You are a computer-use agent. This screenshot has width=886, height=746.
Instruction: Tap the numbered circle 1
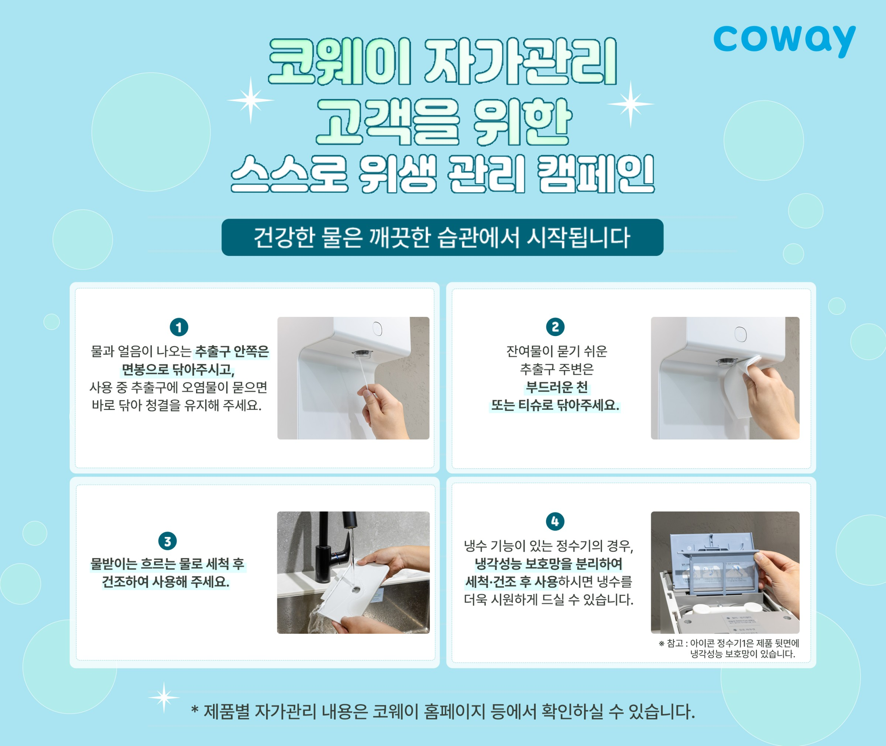(x=179, y=327)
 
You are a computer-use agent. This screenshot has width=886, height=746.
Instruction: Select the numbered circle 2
(x=555, y=327)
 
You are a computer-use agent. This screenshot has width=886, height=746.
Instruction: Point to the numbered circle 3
(x=167, y=541)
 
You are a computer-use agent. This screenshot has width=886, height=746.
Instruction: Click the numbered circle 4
(x=555, y=521)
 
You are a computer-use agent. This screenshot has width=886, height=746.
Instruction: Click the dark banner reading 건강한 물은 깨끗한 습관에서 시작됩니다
(x=442, y=237)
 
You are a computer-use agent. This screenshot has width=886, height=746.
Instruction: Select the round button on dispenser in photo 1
(x=378, y=329)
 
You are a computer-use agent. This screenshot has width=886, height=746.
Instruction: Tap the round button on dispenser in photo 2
(x=741, y=334)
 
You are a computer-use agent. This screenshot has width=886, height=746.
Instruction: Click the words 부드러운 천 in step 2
(x=556, y=387)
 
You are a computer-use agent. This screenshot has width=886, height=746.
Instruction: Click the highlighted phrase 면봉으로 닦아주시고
(x=178, y=370)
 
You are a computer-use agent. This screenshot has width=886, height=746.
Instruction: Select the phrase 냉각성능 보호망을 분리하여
(x=549, y=564)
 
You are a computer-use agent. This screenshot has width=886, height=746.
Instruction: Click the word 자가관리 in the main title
(x=521, y=62)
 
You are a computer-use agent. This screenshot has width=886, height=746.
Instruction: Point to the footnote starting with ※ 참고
(x=729, y=648)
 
